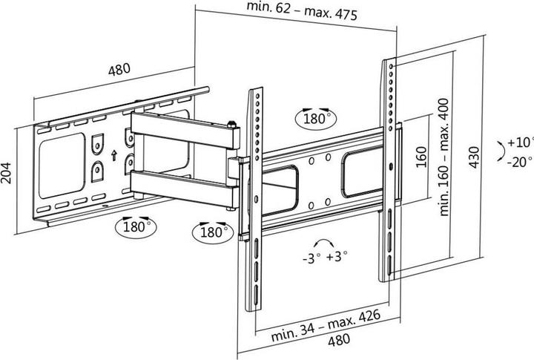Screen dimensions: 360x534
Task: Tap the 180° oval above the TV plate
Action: click(x=314, y=117)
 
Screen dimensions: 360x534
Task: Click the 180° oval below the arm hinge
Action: click(x=212, y=232)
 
